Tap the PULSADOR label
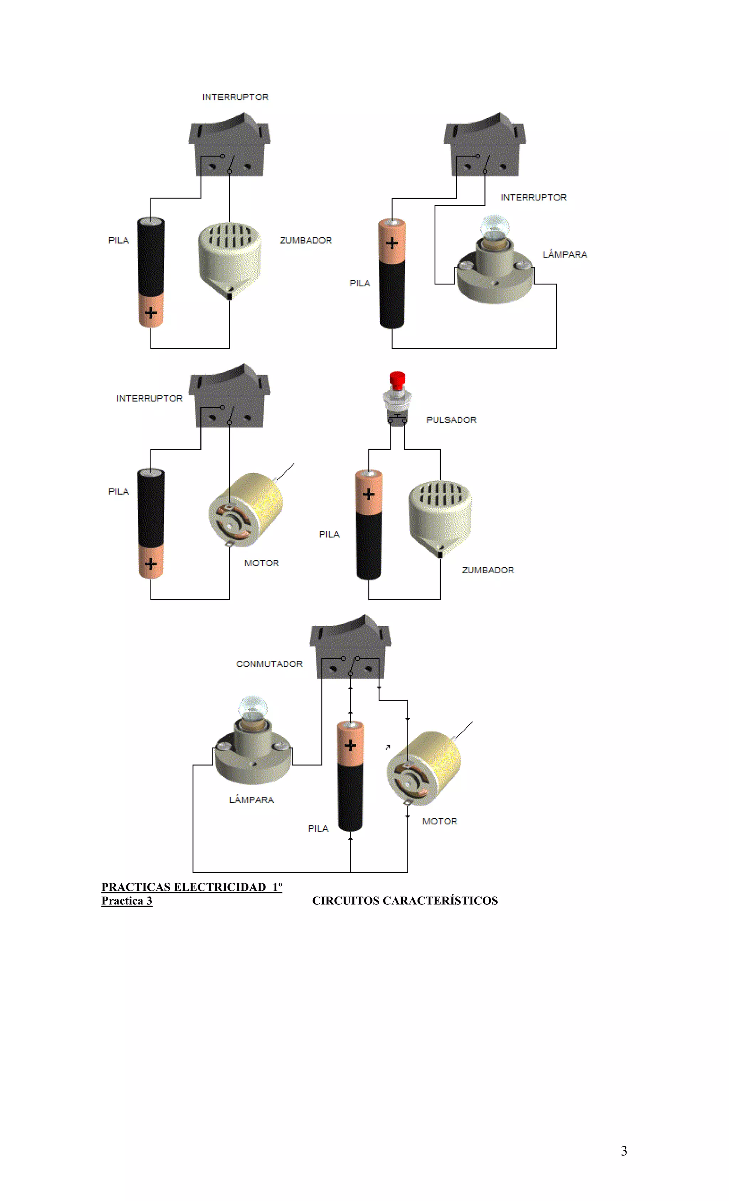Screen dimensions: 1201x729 pos(451,420)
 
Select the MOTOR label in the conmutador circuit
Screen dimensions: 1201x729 pos(440,821)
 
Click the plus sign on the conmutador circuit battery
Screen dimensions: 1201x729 pos(350,745)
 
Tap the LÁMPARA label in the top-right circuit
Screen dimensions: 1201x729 pos(565,255)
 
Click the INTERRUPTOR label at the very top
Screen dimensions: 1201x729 pos(235,97)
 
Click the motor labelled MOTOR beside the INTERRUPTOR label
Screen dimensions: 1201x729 pos(246,510)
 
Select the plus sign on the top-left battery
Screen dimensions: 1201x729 pos(151,312)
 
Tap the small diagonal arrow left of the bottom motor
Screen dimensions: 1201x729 pos(388,747)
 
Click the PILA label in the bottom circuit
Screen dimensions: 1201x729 pos(318,828)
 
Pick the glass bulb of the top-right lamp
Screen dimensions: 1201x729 pos(494,227)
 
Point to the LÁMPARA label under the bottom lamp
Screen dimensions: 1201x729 pos(251,800)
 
